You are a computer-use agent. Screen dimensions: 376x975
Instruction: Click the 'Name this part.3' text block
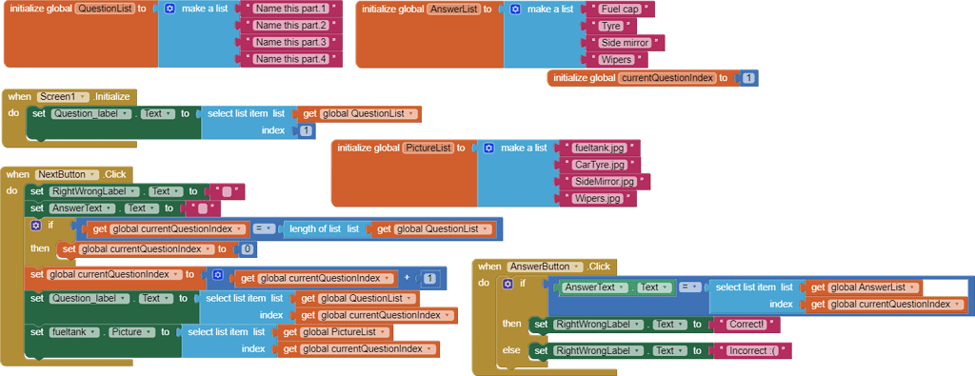tap(291, 43)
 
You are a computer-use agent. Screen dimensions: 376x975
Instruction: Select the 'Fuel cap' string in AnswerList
tap(621, 9)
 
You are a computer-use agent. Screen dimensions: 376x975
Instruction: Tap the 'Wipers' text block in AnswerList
tap(617, 60)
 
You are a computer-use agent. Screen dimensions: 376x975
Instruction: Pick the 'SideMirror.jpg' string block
tap(598, 182)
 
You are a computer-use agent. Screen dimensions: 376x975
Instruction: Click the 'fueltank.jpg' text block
tap(600, 148)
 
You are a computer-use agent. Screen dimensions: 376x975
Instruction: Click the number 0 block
tap(248, 249)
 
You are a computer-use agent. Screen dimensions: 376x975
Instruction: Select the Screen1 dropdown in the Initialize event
tap(64, 97)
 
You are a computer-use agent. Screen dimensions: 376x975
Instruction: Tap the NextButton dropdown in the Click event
tap(68, 175)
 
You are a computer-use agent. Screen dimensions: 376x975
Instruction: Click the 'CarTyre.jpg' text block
tap(598, 165)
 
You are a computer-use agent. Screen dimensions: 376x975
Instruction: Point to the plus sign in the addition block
tap(408, 278)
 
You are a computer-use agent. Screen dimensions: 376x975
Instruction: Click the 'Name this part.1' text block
tap(291, 9)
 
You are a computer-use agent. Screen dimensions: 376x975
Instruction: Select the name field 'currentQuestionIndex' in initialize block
tap(667, 78)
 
